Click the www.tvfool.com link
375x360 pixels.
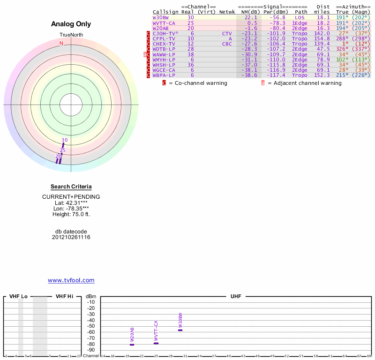[x=71, y=280]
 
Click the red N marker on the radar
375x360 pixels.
[x=61, y=43]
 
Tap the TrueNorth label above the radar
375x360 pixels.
[x=71, y=35]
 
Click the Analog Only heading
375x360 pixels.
[x=71, y=24]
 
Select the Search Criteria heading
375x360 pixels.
[x=71, y=187]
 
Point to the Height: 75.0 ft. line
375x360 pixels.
[x=71, y=214]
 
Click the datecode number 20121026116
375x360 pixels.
[x=71, y=237]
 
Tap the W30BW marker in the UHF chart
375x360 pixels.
[x=180, y=330]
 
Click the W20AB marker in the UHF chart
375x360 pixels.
[x=132, y=345]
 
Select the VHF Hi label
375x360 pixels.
[x=64, y=297]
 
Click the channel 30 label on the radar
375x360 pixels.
[x=65, y=140]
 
